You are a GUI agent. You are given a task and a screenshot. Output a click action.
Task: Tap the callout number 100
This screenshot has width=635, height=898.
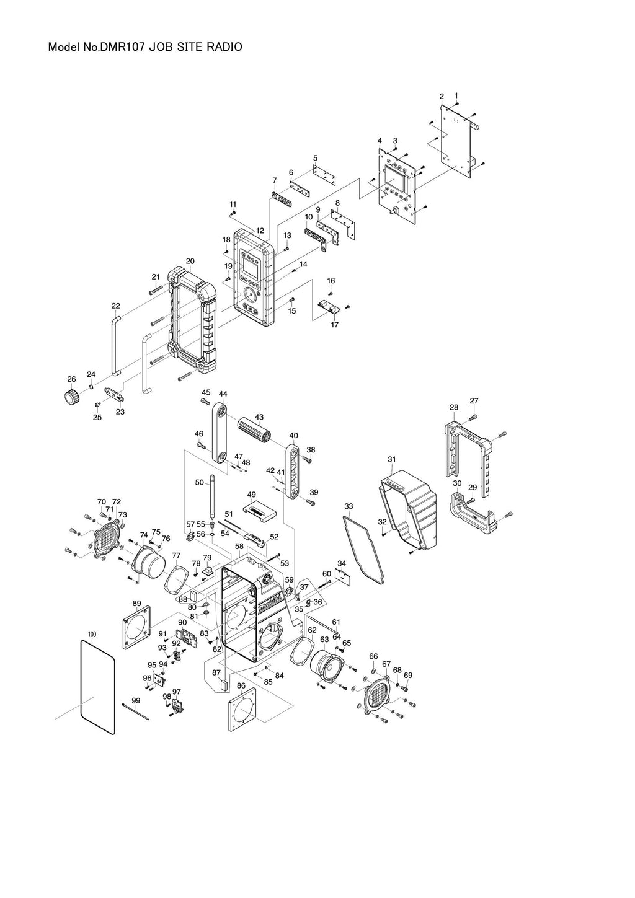tap(92, 634)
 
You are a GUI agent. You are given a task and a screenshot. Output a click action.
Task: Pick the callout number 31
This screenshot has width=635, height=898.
tap(391, 459)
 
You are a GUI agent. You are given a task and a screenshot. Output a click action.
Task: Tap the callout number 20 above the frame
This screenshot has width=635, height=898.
tap(190, 262)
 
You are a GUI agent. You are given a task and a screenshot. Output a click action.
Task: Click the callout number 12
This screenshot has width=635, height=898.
tap(260, 231)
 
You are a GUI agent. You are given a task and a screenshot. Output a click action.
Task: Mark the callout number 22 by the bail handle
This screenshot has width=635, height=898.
tap(115, 306)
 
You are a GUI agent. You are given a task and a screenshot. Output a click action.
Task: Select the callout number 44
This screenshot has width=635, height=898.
tap(223, 394)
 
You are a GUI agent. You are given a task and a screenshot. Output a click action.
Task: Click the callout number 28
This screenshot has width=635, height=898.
tap(454, 407)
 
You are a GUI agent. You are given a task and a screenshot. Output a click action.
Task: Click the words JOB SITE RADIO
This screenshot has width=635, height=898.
tap(202, 47)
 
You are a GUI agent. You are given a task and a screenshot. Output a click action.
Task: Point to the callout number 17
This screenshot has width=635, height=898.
tap(335, 325)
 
